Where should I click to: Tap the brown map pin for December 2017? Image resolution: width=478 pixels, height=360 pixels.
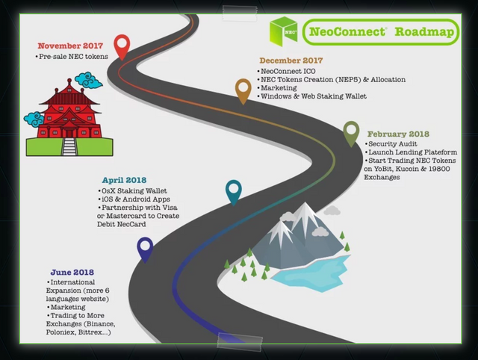pos(243,90)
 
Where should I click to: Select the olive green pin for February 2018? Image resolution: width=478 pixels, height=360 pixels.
pos(352,133)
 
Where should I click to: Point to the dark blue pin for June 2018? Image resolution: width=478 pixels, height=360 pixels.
pos(145,248)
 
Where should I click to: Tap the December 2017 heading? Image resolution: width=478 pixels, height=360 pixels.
pos(291,60)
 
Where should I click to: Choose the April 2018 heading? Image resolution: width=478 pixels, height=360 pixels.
pos(124,180)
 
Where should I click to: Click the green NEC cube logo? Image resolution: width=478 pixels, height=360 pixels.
pos(283,32)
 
